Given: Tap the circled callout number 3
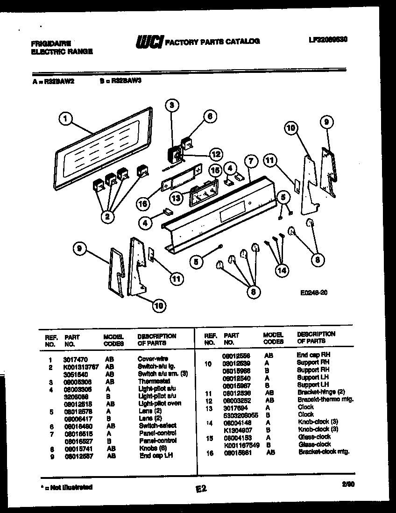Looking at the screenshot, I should click(x=171, y=105).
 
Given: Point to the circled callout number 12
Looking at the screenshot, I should click(x=215, y=154).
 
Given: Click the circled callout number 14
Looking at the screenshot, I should click(x=282, y=270).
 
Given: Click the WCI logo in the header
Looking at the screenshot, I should click(x=149, y=42).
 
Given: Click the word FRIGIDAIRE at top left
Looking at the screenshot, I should click(x=51, y=43).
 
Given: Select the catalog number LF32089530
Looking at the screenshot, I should click(x=327, y=40).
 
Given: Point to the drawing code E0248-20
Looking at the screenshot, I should click(x=314, y=293).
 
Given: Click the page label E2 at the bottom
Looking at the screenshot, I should click(x=201, y=489).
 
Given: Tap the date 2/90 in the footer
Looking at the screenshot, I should click(x=347, y=485).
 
